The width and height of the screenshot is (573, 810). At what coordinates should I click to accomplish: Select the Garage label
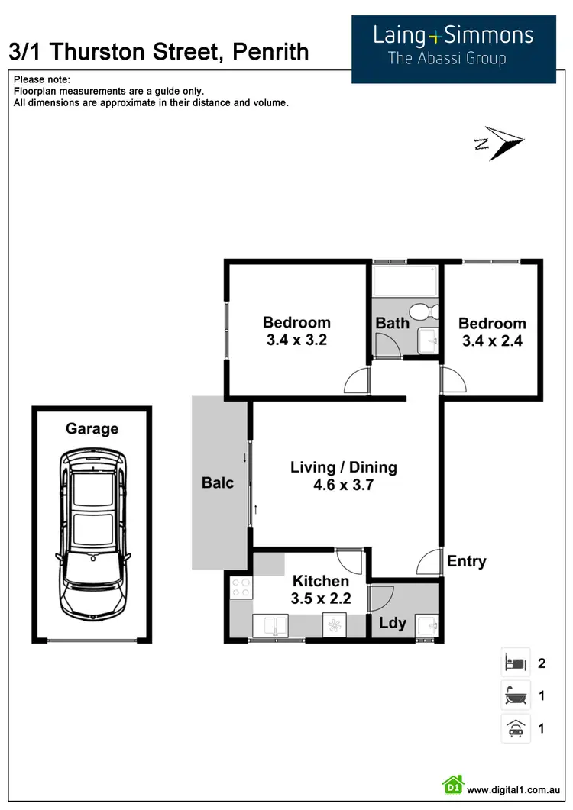coord(92,428)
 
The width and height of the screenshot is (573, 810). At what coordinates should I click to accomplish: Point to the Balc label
coord(218,482)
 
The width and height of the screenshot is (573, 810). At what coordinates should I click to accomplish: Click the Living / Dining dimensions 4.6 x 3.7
coord(343,484)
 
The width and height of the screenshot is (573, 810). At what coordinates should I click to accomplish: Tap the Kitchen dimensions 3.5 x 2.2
coord(320,599)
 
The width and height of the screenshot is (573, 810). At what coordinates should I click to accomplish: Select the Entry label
coord(466,561)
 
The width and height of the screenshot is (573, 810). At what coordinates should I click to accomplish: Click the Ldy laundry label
coord(393,623)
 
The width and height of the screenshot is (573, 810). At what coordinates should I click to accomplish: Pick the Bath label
coord(392,323)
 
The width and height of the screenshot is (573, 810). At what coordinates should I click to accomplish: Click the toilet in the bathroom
coord(422,312)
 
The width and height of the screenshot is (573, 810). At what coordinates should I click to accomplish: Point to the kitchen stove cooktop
coord(241,589)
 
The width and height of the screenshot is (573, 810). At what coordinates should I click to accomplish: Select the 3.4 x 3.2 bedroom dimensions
coord(296,340)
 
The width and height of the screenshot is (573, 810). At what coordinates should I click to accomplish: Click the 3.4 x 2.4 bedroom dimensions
coord(492,341)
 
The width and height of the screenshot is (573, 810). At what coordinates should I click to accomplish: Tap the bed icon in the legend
coord(515,662)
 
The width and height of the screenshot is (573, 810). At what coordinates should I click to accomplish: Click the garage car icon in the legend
coord(515,728)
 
